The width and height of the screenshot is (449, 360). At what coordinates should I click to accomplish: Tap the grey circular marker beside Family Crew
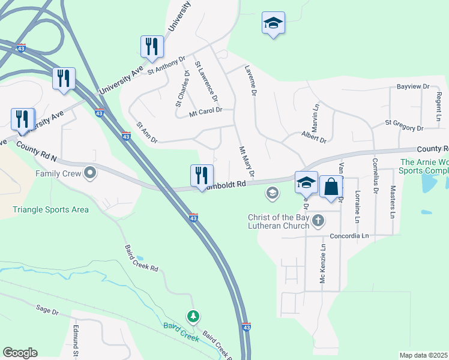click(91, 173)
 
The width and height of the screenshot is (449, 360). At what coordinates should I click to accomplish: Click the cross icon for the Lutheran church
click(318, 221)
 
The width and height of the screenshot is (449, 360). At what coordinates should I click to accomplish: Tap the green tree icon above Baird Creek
click(193, 316)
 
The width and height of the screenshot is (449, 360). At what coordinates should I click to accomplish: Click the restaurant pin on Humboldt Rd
click(202, 176)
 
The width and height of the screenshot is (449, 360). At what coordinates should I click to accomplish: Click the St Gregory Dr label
click(404, 124)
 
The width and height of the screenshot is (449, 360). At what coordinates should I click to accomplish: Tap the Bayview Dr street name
click(413, 86)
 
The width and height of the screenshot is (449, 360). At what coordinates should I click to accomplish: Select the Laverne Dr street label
click(250, 81)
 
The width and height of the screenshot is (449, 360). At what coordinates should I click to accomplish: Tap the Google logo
click(20, 353)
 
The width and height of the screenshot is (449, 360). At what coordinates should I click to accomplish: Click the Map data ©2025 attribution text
click(423, 355)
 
